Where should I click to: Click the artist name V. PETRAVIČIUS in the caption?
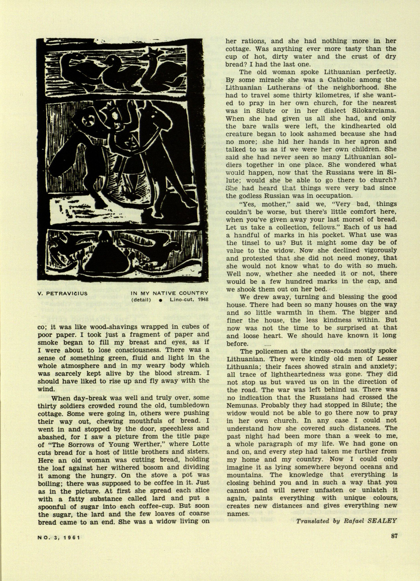62,294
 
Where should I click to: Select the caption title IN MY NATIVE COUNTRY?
170,294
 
